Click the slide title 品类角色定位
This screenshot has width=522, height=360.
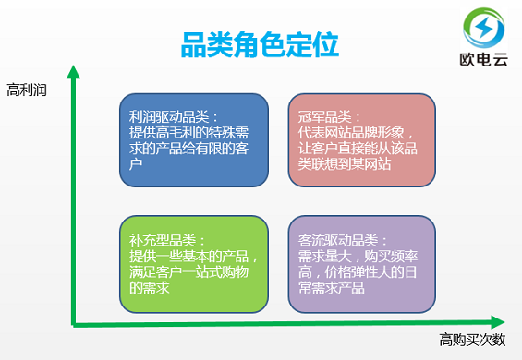point(259,43)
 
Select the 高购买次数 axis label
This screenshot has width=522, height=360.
point(472,340)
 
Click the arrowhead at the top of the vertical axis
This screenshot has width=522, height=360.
point(73,71)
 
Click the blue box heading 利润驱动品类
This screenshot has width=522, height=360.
point(173,117)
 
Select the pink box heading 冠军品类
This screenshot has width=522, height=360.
point(325,117)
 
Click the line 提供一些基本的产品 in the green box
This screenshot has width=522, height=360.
point(193,258)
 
